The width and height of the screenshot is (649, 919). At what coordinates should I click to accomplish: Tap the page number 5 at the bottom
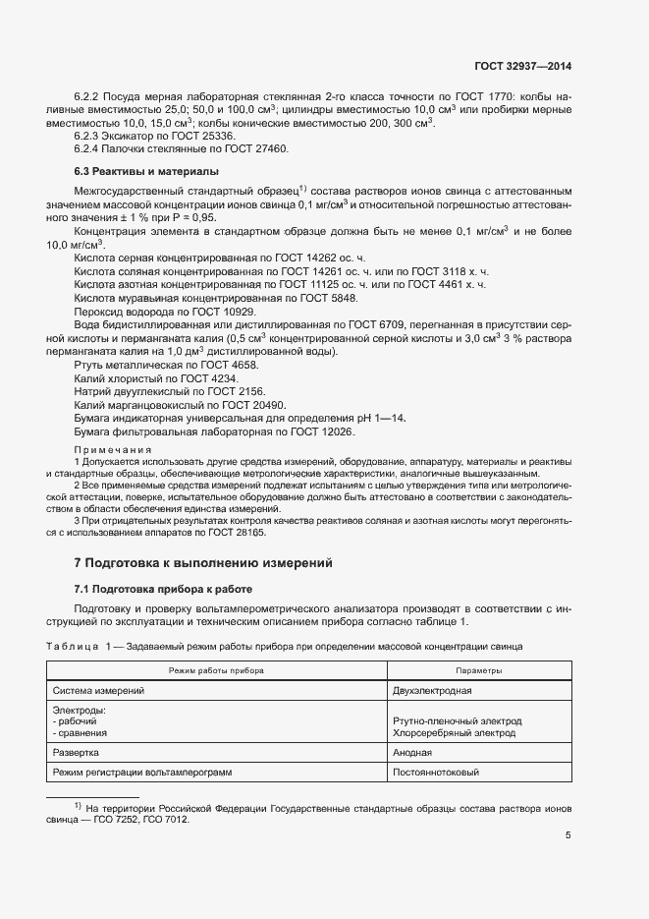coord(568,836)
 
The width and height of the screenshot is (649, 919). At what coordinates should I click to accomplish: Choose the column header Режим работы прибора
coord(216,670)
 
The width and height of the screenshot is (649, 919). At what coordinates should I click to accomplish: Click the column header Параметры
coord(479,670)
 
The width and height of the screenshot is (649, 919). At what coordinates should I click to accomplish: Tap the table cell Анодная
coord(412,753)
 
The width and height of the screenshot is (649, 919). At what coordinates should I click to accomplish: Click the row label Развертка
coord(76,753)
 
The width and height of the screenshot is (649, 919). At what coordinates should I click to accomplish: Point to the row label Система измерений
coord(98,691)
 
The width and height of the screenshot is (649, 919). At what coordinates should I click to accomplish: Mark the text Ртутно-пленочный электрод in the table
coord(457,720)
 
